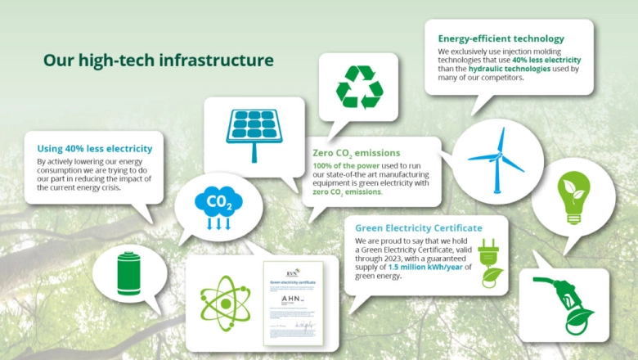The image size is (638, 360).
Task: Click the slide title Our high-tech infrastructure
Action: (x=158, y=61)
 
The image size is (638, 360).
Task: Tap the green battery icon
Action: (x=130, y=272)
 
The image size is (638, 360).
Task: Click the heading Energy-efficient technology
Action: (x=501, y=38)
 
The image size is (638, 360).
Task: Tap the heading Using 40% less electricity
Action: (x=95, y=148)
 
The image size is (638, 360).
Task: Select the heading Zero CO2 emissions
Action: (x=356, y=152)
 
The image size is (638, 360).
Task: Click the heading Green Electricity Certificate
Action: (x=418, y=227)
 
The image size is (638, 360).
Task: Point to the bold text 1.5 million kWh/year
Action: (x=422, y=268)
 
